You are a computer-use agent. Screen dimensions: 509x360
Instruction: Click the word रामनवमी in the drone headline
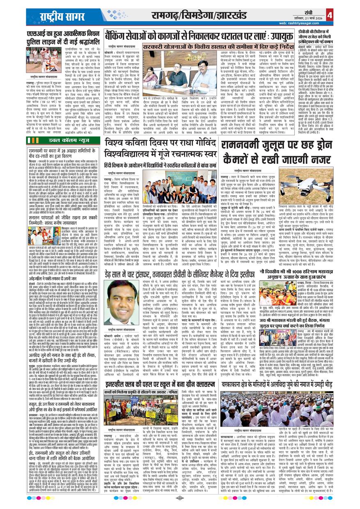[245, 145]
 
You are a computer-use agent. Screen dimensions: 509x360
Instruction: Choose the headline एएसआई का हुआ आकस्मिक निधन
[62, 34]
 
